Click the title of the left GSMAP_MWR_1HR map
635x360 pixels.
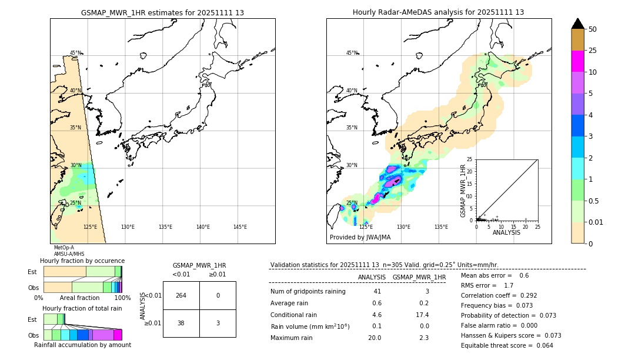(x=162, y=12)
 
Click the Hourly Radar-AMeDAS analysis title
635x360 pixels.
(x=438, y=12)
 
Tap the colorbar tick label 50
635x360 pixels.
(x=593, y=29)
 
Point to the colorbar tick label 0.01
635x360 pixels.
(x=596, y=222)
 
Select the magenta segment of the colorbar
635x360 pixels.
(x=577, y=61)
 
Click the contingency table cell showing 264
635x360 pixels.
(x=181, y=295)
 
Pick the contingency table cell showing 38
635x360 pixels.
(x=181, y=323)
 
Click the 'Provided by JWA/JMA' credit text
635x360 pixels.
(x=360, y=238)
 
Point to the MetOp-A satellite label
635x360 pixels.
(x=63, y=248)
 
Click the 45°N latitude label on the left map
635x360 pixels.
(x=76, y=53)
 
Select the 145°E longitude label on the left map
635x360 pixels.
(x=240, y=227)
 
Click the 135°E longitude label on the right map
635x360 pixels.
(x=441, y=227)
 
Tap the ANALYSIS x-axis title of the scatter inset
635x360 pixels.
(x=506, y=232)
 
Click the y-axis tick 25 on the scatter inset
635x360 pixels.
(x=470, y=159)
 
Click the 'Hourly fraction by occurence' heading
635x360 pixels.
(x=82, y=261)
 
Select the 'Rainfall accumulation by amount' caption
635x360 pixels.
(x=82, y=345)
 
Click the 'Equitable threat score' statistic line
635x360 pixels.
(x=507, y=345)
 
